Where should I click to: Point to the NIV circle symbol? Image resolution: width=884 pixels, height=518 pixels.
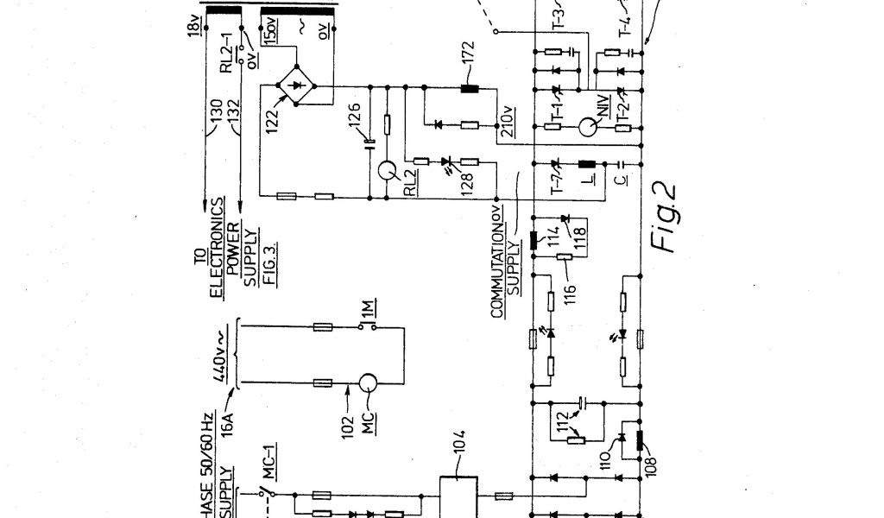589,128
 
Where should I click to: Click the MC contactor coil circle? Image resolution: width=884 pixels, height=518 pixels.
369,382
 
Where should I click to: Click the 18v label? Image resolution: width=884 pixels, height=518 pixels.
192,28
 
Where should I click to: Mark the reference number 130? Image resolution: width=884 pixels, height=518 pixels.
218,113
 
